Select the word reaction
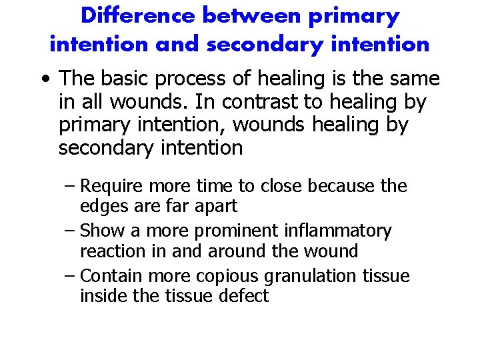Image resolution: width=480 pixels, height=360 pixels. [109, 251]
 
